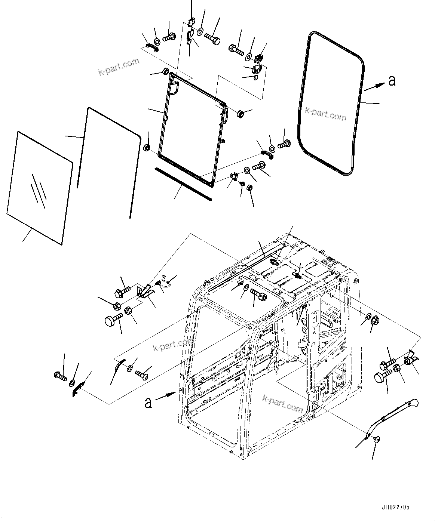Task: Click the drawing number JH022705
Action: (395, 507)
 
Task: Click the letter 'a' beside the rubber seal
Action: (392, 80)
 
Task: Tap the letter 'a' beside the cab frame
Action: (148, 403)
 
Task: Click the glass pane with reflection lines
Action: (39, 187)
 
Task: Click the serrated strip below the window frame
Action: (183, 183)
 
